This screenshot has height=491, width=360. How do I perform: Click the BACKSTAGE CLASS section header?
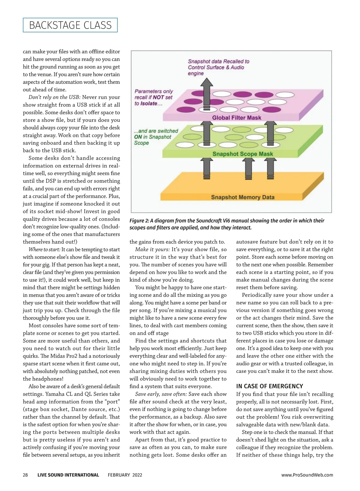coord(70,25)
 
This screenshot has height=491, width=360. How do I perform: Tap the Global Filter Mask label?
coord(237,118)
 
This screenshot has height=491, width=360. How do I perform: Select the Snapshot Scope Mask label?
coord(243,154)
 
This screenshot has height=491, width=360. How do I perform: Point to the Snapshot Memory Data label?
coord(243,197)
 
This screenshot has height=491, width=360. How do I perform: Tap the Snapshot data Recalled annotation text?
coord(218,67)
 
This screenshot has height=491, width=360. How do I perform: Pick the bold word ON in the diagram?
coord(138,137)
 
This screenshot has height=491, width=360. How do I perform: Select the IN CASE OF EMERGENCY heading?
coord(269,386)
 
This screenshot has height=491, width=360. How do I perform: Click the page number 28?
coord(25,475)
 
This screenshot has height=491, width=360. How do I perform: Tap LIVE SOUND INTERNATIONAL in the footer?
coord(68,475)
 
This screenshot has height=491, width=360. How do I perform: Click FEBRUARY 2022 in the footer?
coord(125,475)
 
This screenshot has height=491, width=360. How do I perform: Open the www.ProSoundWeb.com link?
coord(307,475)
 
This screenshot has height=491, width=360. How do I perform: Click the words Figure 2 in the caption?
coord(139,221)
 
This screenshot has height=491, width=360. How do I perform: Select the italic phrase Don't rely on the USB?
coord(55,97)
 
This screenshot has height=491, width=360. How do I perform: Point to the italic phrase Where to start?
coord(44,249)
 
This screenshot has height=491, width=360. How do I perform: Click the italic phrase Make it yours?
coord(152,249)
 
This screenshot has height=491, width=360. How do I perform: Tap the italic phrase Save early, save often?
coord(161,394)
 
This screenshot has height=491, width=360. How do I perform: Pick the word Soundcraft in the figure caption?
coord(208,221)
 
